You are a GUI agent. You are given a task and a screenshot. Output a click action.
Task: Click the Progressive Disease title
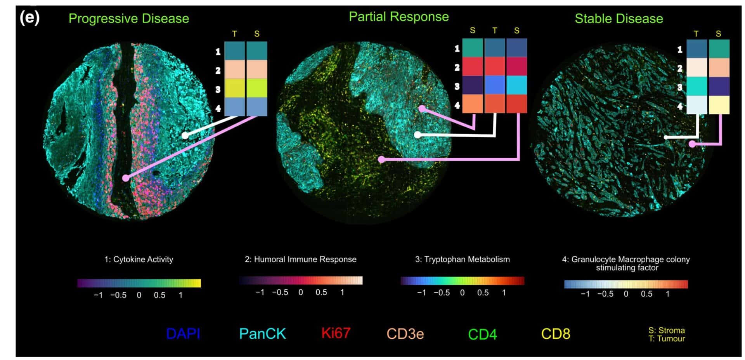pos(129,19)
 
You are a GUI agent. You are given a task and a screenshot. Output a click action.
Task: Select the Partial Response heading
pos(398,17)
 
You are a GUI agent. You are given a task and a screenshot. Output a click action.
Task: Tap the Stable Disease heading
pos(619,19)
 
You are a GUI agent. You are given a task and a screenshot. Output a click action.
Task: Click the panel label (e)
pos(29,18)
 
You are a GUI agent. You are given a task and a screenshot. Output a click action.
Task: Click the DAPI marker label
pos(183,334)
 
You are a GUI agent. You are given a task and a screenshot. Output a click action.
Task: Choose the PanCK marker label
pos(262,334)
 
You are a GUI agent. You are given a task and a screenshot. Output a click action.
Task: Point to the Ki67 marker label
pos(336,333)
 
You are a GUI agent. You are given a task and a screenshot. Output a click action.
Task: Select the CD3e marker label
pos(405,334)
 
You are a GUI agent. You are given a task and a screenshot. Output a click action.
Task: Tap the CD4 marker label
pos(482,334)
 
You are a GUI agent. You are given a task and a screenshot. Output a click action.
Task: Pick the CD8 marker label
pos(556,334)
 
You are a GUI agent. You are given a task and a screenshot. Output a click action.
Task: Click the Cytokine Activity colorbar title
pos(139,260)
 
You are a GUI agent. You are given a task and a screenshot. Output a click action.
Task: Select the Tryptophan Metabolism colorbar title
pos(462,260)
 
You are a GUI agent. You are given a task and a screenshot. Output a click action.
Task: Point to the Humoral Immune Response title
pos(300,260)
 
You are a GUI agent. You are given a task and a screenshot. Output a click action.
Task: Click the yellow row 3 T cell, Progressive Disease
pos(235,88)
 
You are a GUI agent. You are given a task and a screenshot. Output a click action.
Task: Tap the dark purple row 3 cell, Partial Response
pos(473,85)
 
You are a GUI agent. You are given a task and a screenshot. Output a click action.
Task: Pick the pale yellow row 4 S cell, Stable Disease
pos(719,105)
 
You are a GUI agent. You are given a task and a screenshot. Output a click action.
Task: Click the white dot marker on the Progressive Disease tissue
pos(185,135)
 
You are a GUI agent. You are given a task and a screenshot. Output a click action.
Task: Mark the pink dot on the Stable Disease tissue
pos(692,144)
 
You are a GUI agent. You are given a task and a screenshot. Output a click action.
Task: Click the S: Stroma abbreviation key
pos(666,331)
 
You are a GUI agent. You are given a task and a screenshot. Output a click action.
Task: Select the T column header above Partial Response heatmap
pos(495,31)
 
